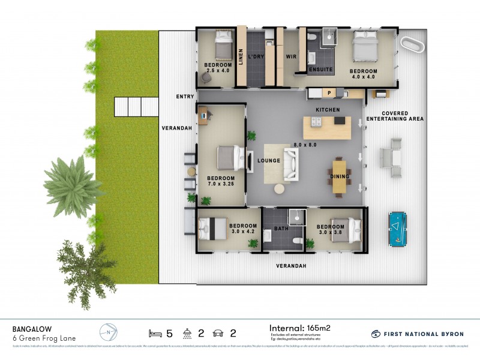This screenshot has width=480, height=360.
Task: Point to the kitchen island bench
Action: coord(324,128)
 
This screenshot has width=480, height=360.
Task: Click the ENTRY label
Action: coord(185,97)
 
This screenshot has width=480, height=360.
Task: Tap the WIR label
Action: coord(292,58)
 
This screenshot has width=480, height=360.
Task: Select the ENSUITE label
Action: coord(320,70)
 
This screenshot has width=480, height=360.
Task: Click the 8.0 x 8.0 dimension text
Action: coord(305,145)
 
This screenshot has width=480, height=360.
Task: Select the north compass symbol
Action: coord(107,332)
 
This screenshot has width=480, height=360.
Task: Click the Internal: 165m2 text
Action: coord(300,328)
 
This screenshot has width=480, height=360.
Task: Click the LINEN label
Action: coord(241,58)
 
